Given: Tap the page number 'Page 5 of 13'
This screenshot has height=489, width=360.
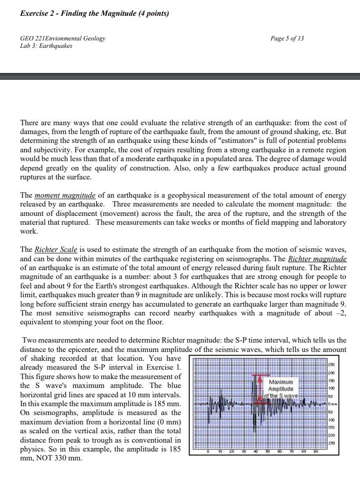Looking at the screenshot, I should tap(288, 38).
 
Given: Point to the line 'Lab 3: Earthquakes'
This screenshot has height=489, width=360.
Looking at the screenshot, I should tap(46, 46).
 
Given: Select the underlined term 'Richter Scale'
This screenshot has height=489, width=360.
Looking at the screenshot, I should tap(55, 249).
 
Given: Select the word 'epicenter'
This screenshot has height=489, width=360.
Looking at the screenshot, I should tap(84, 350).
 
